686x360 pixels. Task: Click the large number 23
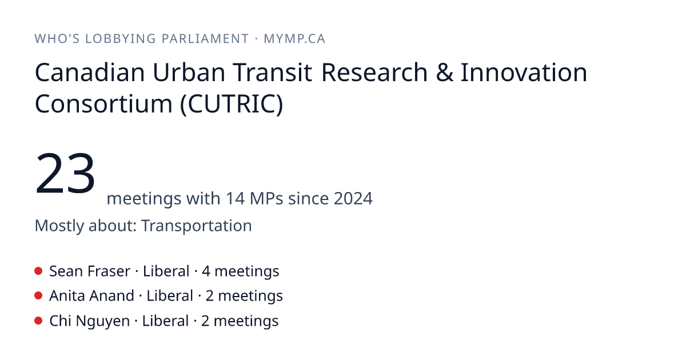coord(65,173)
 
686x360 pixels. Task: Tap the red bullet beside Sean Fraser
coord(38,271)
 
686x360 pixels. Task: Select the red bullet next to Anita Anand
coord(38,296)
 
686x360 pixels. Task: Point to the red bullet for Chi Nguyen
coord(38,321)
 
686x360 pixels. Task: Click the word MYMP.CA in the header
coord(294,39)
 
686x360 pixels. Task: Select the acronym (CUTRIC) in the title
coord(232,104)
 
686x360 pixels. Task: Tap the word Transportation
coord(197,226)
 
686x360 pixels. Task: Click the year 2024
coord(353,198)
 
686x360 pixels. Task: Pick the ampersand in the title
coord(444,73)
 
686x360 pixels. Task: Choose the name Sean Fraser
coord(90,271)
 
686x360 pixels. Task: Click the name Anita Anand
coord(92,296)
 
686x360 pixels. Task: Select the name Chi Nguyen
coord(89,321)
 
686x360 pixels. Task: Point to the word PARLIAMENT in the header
coord(205,39)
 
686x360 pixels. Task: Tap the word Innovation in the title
coord(524,73)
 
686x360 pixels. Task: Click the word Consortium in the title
coord(103,104)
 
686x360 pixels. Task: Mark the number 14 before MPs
coord(235,198)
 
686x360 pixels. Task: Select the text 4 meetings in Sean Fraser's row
coord(241,271)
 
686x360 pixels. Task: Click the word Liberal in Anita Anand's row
coord(170,296)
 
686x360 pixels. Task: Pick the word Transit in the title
coord(272,73)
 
